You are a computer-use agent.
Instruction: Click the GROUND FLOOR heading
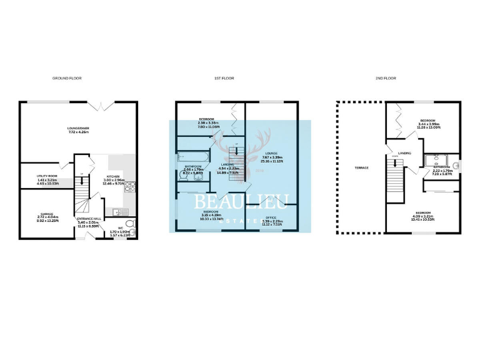pyautogui.click(x=67, y=78)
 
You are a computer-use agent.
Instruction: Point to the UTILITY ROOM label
pyautogui.click(x=47, y=177)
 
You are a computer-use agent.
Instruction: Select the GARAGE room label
pyautogui.click(x=47, y=213)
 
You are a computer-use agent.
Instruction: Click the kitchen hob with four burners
pyautogui.click(x=131, y=186)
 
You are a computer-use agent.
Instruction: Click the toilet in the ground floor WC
pyautogui.click(x=129, y=224)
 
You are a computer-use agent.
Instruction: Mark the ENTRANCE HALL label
pyautogui.click(x=88, y=219)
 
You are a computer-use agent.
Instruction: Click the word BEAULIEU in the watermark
pyautogui.click(x=240, y=201)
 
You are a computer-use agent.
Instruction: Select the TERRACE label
pyautogui.click(x=361, y=167)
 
